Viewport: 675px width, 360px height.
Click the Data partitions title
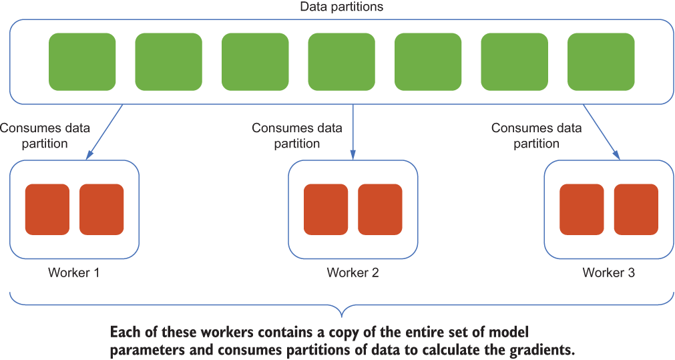click(x=341, y=7)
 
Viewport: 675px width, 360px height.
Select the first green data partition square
click(x=82, y=62)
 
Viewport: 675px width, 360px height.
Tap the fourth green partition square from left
click(x=341, y=62)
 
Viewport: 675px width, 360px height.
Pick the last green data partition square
click(x=601, y=62)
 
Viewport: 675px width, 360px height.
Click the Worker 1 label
click(x=73, y=273)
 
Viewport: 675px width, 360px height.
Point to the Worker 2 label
click(x=353, y=273)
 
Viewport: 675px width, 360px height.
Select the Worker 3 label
click(x=609, y=273)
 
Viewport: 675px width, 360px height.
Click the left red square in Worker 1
click(x=47, y=210)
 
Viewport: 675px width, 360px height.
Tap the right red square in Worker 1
click(x=101, y=210)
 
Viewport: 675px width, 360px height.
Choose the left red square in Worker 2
click(x=326, y=210)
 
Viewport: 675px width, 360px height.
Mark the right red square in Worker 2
click(x=380, y=210)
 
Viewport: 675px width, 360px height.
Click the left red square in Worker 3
click(x=582, y=210)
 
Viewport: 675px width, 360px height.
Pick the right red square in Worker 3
click(x=636, y=210)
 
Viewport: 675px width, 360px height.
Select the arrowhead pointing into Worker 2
click(x=353, y=156)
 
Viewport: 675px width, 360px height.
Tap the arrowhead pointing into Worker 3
click(x=617, y=156)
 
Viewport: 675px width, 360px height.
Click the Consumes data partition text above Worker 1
click(x=45, y=136)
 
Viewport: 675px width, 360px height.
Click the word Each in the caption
click(x=124, y=333)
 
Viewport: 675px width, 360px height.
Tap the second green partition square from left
click(x=169, y=62)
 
